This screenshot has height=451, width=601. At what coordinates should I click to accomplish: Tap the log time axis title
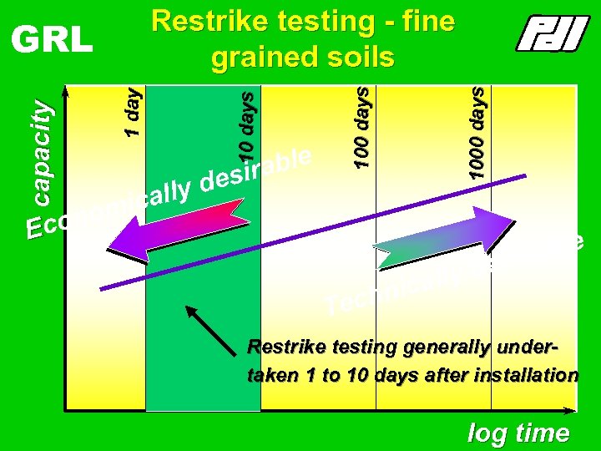518,433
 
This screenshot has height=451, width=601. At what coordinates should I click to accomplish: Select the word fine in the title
427,22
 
